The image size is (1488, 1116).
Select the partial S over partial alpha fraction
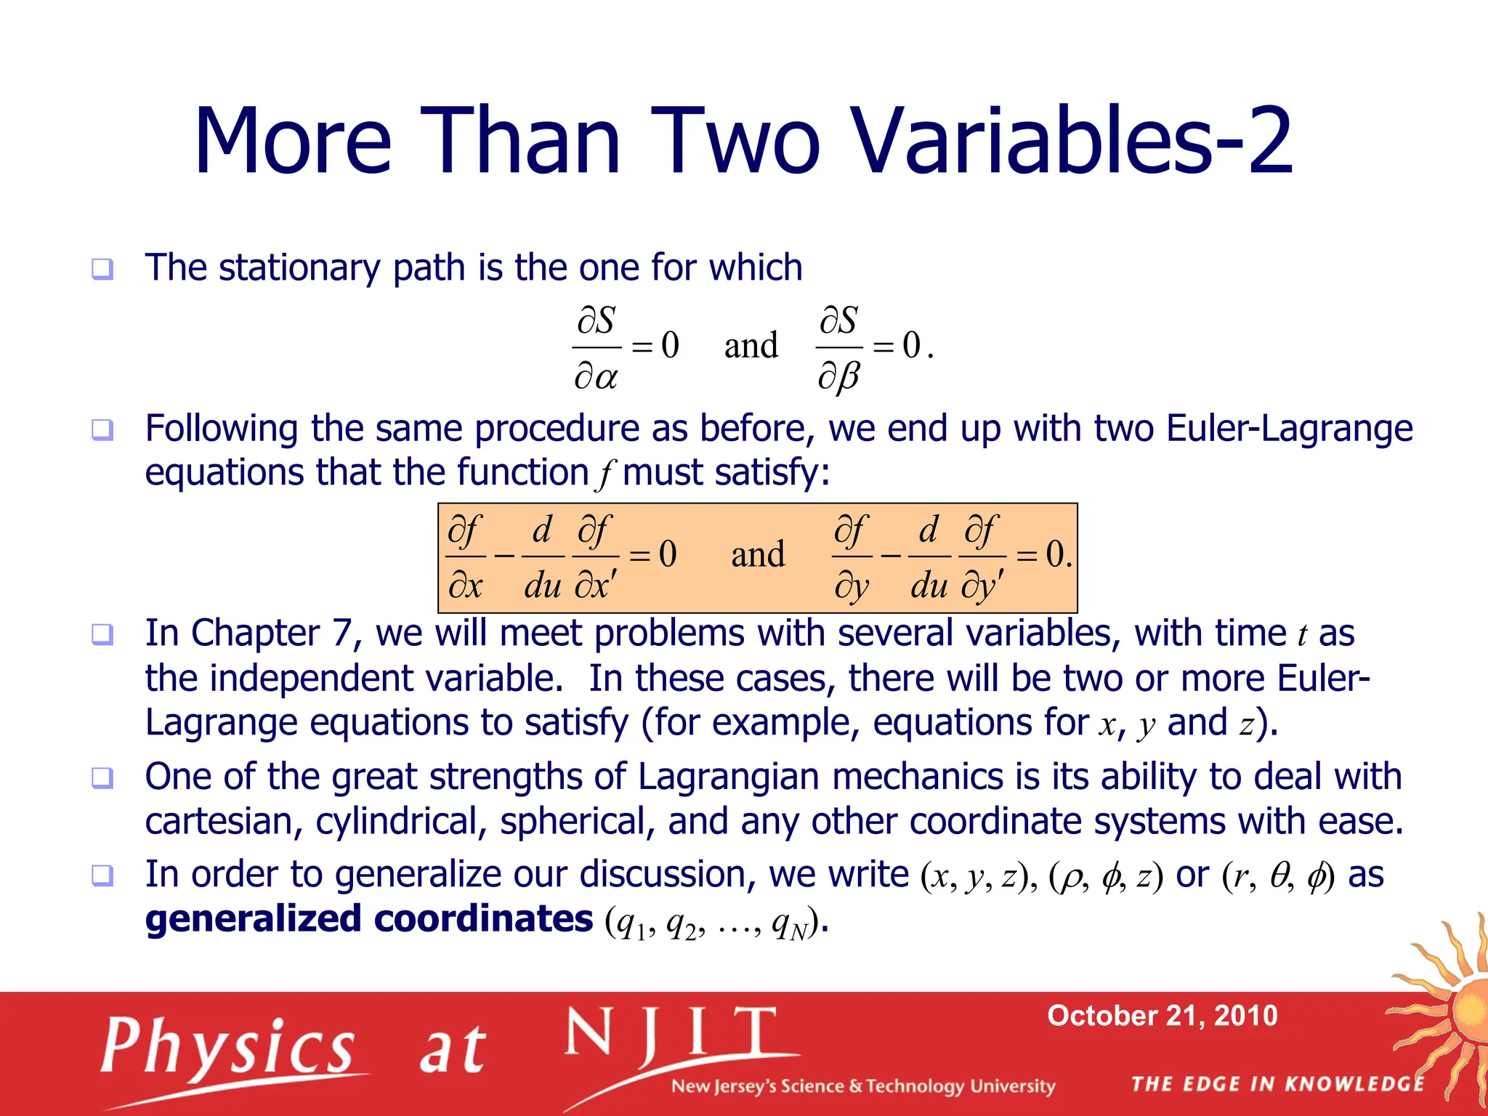pos(596,347)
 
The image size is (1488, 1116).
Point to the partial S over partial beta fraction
pos(839,348)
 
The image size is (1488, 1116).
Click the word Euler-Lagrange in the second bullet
pos(1289,428)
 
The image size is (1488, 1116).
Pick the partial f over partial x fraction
pos(465,557)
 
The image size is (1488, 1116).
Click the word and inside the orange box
pos(758,555)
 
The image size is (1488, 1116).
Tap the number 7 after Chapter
pos(342,633)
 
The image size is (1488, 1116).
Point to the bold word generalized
pos(254,919)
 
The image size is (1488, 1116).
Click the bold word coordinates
pos(483,919)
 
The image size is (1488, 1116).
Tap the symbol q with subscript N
pos(790,924)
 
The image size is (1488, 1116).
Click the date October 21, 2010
pos(1162,1015)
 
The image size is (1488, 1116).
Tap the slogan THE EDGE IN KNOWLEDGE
pos(1278,1084)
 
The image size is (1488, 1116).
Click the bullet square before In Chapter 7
pos(102,634)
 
